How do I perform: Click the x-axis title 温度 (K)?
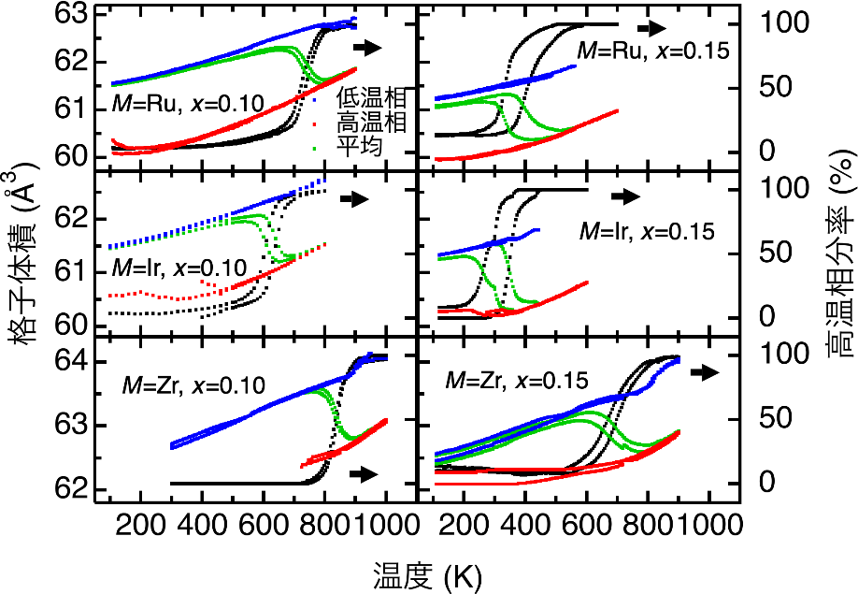[429, 572]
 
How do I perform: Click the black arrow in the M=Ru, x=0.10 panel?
[368, 47]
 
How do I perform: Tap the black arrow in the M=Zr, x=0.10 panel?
[363, 475]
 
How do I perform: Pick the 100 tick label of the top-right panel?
[779, 22]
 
